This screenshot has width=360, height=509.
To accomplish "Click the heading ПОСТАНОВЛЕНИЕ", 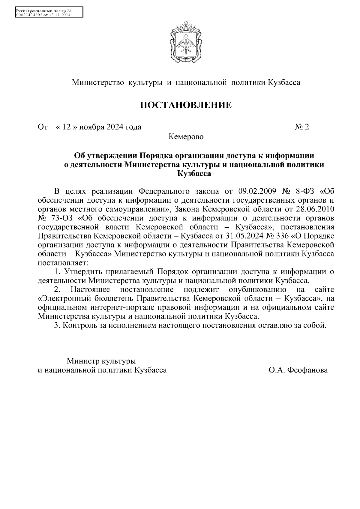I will click(x=186, y=105).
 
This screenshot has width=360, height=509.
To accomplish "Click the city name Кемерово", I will click(x=186, y=137).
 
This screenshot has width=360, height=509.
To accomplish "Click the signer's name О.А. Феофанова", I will click(x=298, y=370).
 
